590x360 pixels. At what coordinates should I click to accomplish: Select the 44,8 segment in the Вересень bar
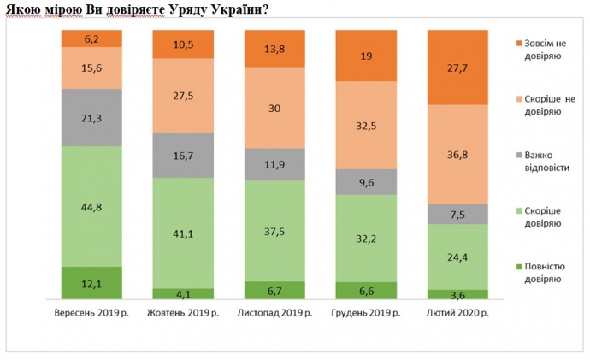[x=92, y=206]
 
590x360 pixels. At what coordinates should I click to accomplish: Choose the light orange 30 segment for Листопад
[x=274, y=107]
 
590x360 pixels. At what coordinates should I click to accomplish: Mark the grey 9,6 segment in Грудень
[x=367, y=181]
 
